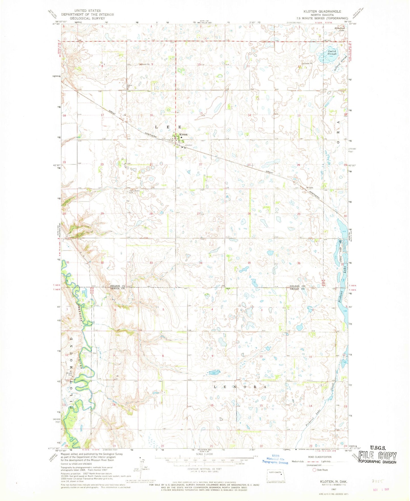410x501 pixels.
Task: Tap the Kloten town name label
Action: pyautogui.click(x=183, y=134)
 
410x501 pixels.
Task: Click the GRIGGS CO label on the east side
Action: pyautogui.click(x=297, y=289)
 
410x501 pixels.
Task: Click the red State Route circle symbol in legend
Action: pyautogui.click(x=314, y=470)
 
